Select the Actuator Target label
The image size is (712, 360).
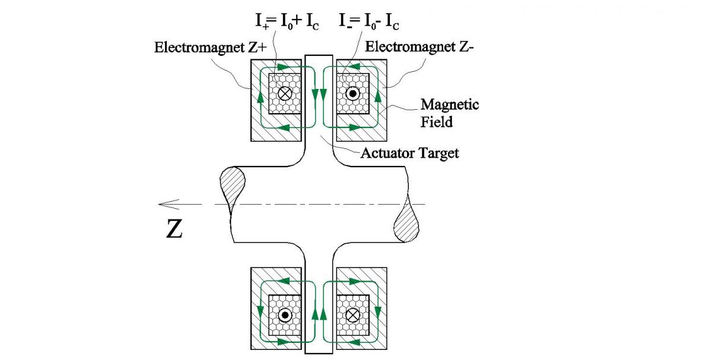pos(409,154)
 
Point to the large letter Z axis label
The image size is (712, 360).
pos(174,230)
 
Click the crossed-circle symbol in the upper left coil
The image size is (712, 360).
pos(285,94)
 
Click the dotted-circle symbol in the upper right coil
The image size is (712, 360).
pos(353,94)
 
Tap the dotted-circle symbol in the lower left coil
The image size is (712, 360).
pos(285,314)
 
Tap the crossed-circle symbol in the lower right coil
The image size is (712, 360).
pos(353,314)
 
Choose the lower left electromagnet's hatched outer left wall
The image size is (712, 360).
pos(256,308)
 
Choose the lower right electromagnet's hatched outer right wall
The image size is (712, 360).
pos(383,308)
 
